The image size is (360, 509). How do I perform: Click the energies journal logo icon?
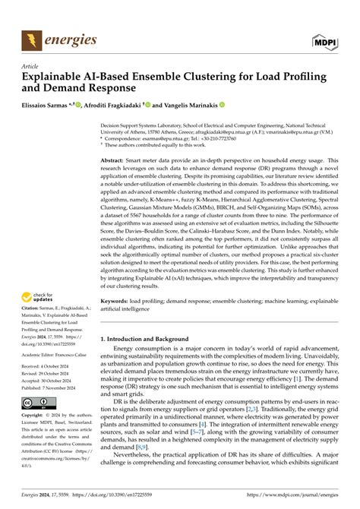pyautogui.click(x=32, y=39)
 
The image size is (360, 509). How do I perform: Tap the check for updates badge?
pyautogui.click(x=39, y=296)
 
